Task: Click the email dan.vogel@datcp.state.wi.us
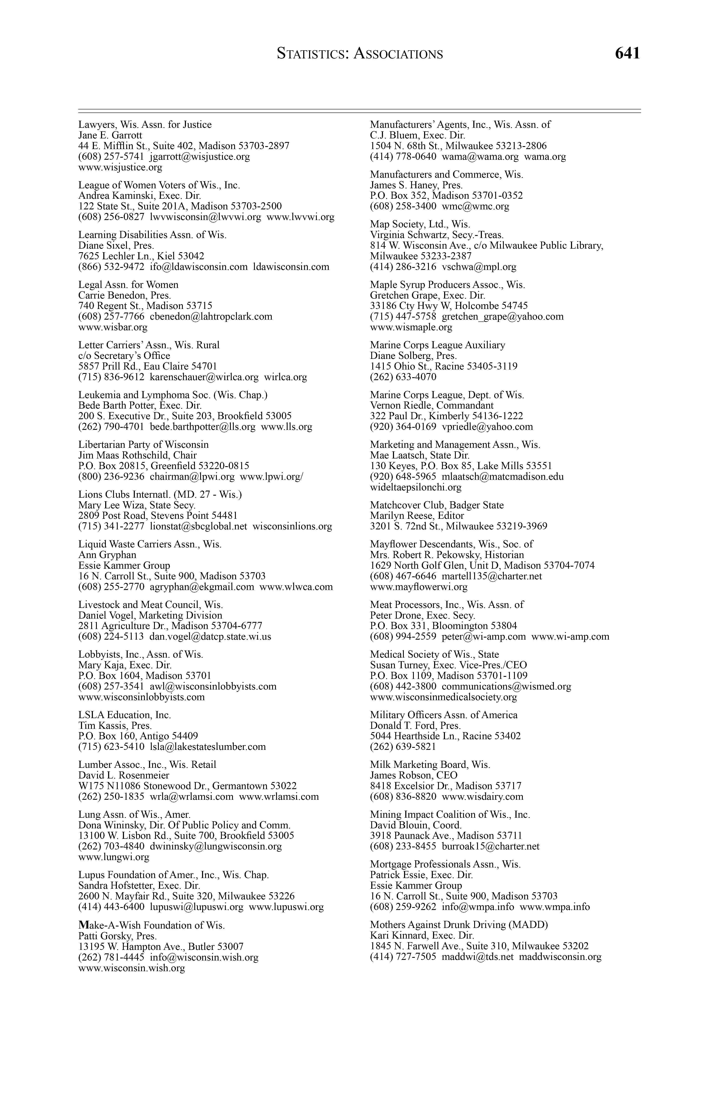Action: point(210,637)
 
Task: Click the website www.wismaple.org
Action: point(411,327)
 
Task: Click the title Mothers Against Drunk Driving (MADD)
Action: point(459,925)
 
